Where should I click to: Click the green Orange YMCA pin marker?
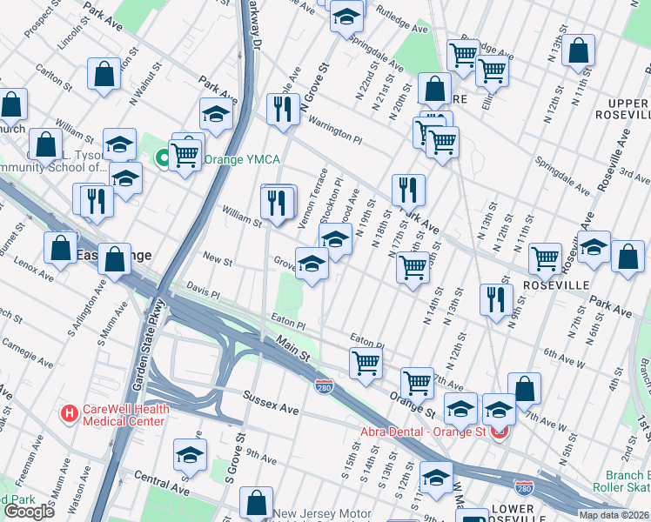click(161, 158)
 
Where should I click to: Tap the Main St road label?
click(293, 351)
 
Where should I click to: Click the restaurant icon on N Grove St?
click(283, 108)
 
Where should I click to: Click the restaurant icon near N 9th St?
click(495, 298)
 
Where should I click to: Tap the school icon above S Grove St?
click(191, 454)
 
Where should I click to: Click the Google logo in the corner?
click(30, 511)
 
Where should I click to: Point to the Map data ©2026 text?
click(614, 515)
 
